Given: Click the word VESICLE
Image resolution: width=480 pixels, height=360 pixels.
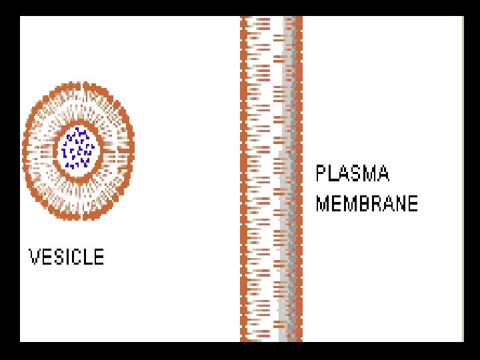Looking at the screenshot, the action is coord(67,257).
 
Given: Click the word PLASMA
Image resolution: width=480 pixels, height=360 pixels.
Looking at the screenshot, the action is coord(352,174).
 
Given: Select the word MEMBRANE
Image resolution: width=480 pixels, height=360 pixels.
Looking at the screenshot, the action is coord(367,203).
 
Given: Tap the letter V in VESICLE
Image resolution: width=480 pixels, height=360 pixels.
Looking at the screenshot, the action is coord(35,257).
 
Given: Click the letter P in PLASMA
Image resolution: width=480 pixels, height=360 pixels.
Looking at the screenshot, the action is coord(321,174).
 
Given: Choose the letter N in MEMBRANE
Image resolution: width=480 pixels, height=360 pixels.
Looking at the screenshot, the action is coord(401,203).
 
